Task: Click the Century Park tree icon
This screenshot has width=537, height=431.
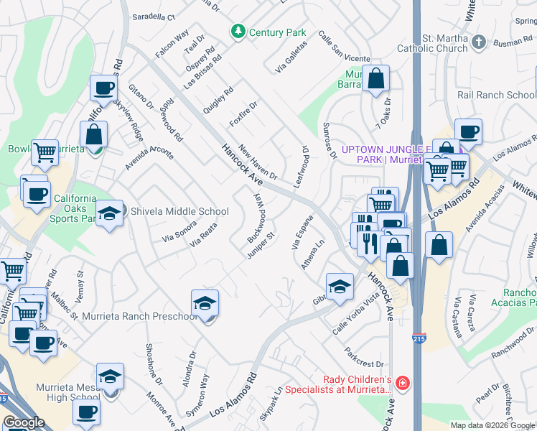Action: click(238, 32)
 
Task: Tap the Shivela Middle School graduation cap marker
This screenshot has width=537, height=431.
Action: click(109, 213)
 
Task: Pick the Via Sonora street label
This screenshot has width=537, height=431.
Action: click(179, 231)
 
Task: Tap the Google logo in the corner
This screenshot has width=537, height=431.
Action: click(24, 422)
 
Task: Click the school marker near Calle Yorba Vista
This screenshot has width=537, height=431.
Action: click(340, 287)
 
